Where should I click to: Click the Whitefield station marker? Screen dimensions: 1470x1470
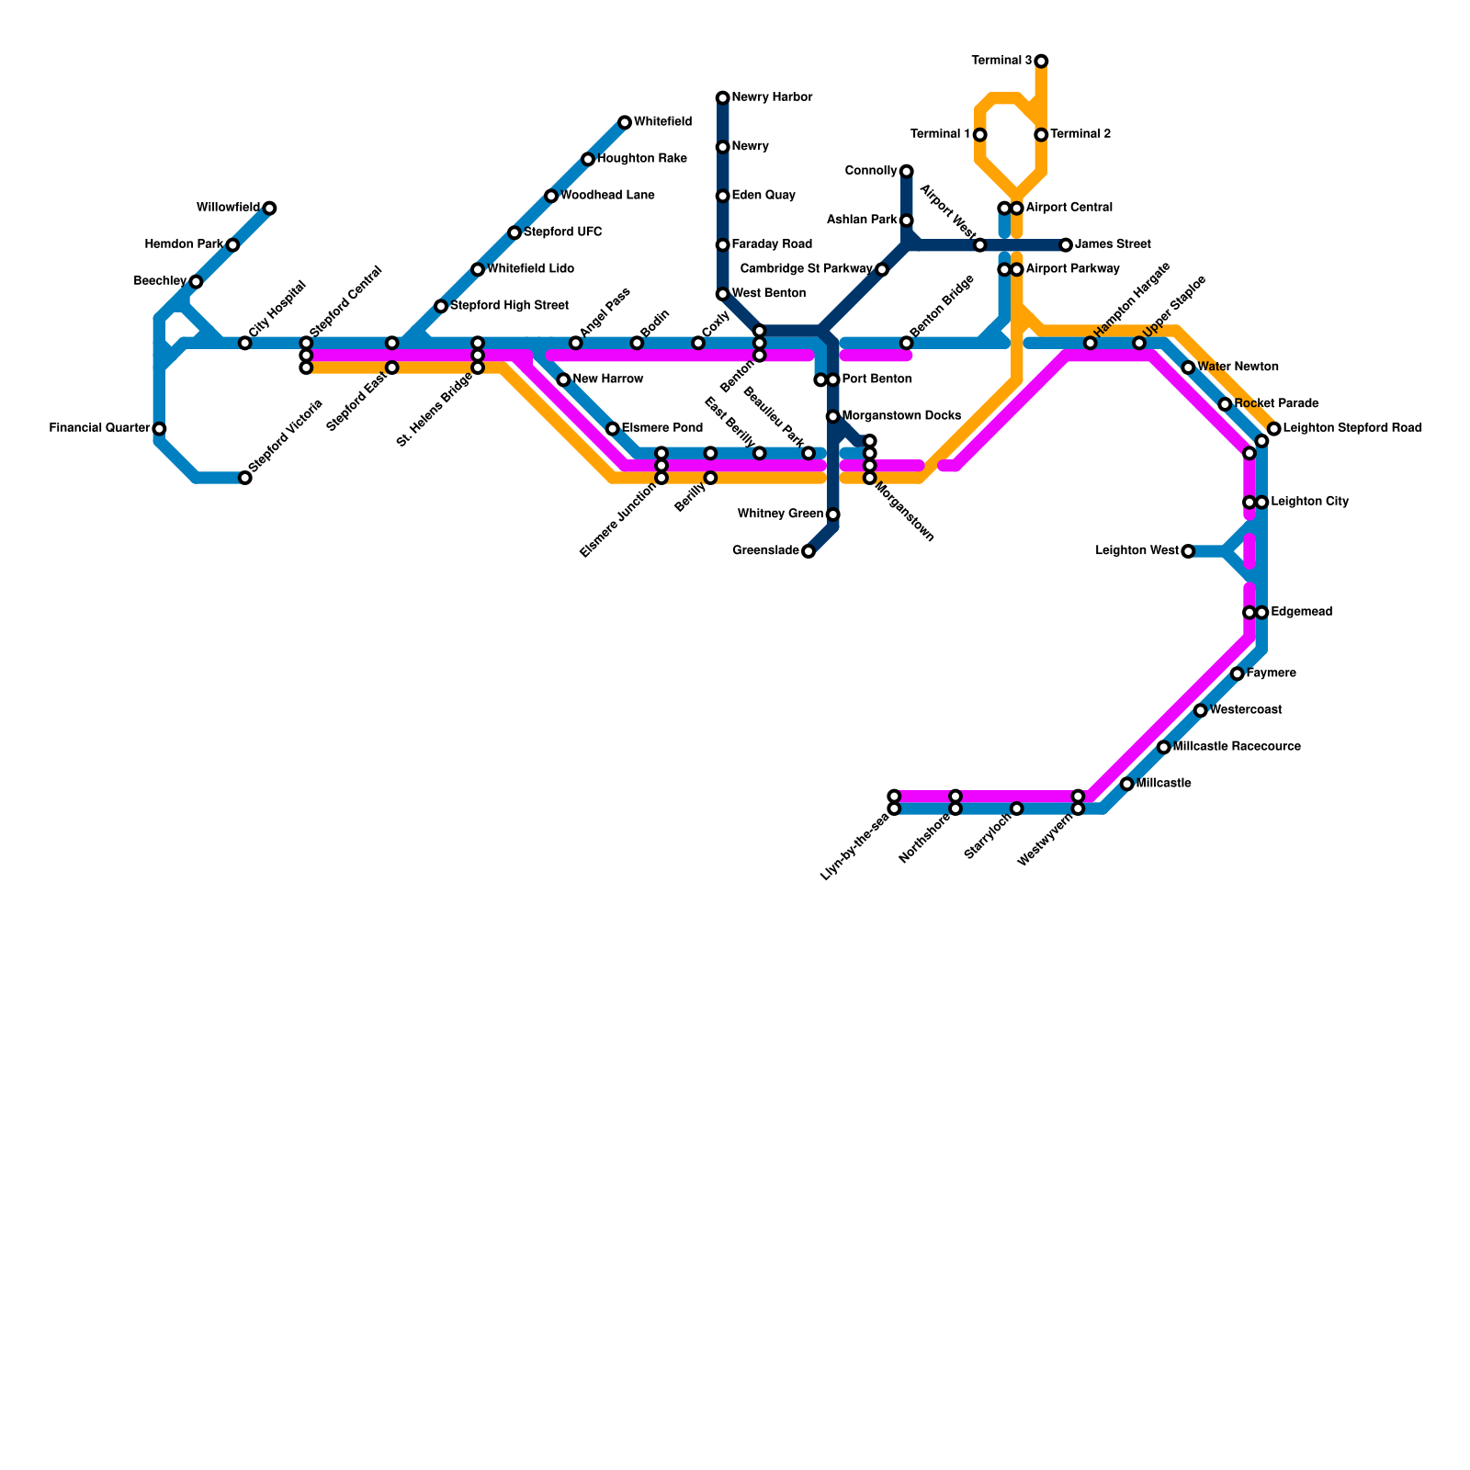(x=625, y=122)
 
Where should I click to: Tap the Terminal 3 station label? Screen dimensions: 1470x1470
(x=1001, y=62)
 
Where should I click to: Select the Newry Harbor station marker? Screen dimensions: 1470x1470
(x=723, y=97)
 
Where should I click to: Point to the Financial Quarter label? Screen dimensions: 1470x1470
(x=99, y=428)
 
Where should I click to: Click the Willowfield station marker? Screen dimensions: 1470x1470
(x=269, y=209)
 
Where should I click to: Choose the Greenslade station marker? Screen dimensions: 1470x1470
(x=808, y=551)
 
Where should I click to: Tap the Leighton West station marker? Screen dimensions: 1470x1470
(x=1188, y=551)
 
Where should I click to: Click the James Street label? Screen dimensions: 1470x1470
(x=1113, y=245)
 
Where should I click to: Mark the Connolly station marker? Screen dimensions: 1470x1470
(x=907, y=171)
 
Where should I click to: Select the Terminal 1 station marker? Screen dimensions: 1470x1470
(x=980, y=135)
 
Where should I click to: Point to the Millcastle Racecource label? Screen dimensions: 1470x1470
(x=1237, y=747)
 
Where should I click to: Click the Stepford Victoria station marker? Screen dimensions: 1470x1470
(x=245, y=478)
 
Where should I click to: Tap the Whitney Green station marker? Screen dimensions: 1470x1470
(x=832, y=514)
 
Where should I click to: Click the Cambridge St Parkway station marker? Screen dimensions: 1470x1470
(x=882, y=269)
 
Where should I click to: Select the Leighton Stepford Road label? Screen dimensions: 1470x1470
(x=1352, y=428)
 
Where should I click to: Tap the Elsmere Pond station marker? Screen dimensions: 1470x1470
(x=613, y=429)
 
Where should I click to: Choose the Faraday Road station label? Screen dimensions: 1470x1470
(x=772, y=244)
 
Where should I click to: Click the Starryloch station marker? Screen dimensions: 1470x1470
(x=1016, y=808)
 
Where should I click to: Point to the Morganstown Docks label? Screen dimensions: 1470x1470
(x=901, y=416)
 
